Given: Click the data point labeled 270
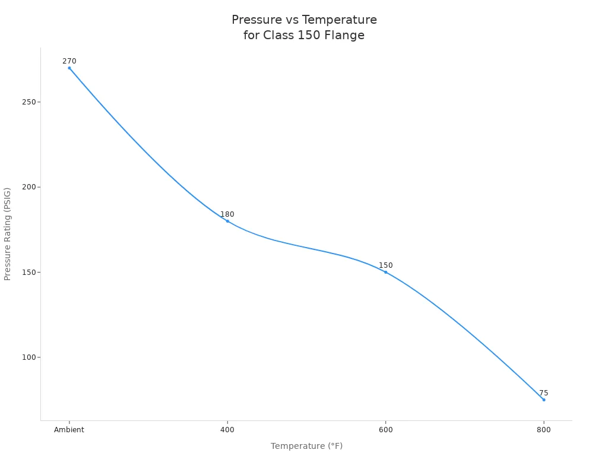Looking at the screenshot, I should click(69, 68).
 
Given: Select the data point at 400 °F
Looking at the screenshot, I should click(227, 221).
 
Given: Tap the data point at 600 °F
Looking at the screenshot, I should click(385, 272).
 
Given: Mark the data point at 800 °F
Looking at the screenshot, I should click(543, 400).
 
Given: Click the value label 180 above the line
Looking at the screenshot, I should click(227, 214).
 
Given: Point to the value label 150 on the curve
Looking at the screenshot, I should click(386, 265).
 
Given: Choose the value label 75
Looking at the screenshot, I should click(543, 393).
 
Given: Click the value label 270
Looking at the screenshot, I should click(69, 61).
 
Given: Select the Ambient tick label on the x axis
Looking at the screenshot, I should click(69, 430).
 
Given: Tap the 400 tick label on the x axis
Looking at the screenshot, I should click(227, 430).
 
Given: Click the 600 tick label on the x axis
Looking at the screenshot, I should click(385, 430).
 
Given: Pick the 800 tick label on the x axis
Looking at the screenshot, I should click(543, 430).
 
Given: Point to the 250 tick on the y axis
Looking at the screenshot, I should click(28, 102).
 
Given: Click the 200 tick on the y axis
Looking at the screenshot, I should click(28, 187).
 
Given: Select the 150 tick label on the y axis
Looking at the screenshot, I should click(28, 272).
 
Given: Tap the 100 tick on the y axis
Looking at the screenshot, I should click(28, 357).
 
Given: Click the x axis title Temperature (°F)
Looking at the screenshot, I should click(306, 446).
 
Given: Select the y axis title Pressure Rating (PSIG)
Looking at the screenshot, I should click(8, 234).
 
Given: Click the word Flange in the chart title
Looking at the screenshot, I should click(344, 35).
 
